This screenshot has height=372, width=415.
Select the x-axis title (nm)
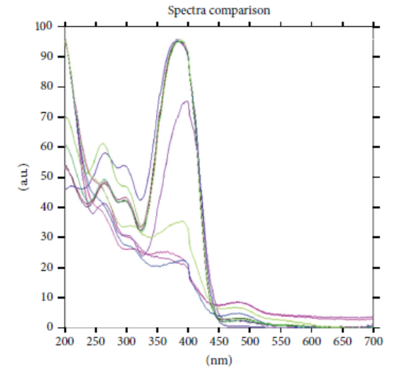(x=220, y=358)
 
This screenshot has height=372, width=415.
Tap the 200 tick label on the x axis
(x=65, y=339)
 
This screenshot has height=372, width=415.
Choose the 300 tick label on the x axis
(x=127, y=339)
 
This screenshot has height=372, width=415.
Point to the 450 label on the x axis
(x=220, y=339)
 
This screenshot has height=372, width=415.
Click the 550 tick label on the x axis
(x=281, y=339)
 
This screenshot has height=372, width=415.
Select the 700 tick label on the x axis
(x=373, y=339)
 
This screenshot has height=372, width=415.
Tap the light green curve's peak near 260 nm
(x=103, y=143)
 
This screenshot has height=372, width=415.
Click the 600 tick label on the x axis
(x=312, y=339)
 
